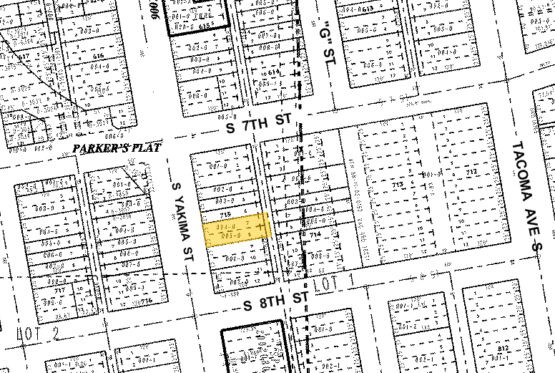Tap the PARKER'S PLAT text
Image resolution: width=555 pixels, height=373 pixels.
(x=117, y=147)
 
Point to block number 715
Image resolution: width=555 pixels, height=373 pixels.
(x=227, y=215)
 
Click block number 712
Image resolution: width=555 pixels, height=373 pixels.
(x=471, y=172)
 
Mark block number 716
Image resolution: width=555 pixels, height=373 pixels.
(x=146, y=301)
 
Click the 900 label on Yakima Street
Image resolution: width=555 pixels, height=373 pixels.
(x=155, y=11)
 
